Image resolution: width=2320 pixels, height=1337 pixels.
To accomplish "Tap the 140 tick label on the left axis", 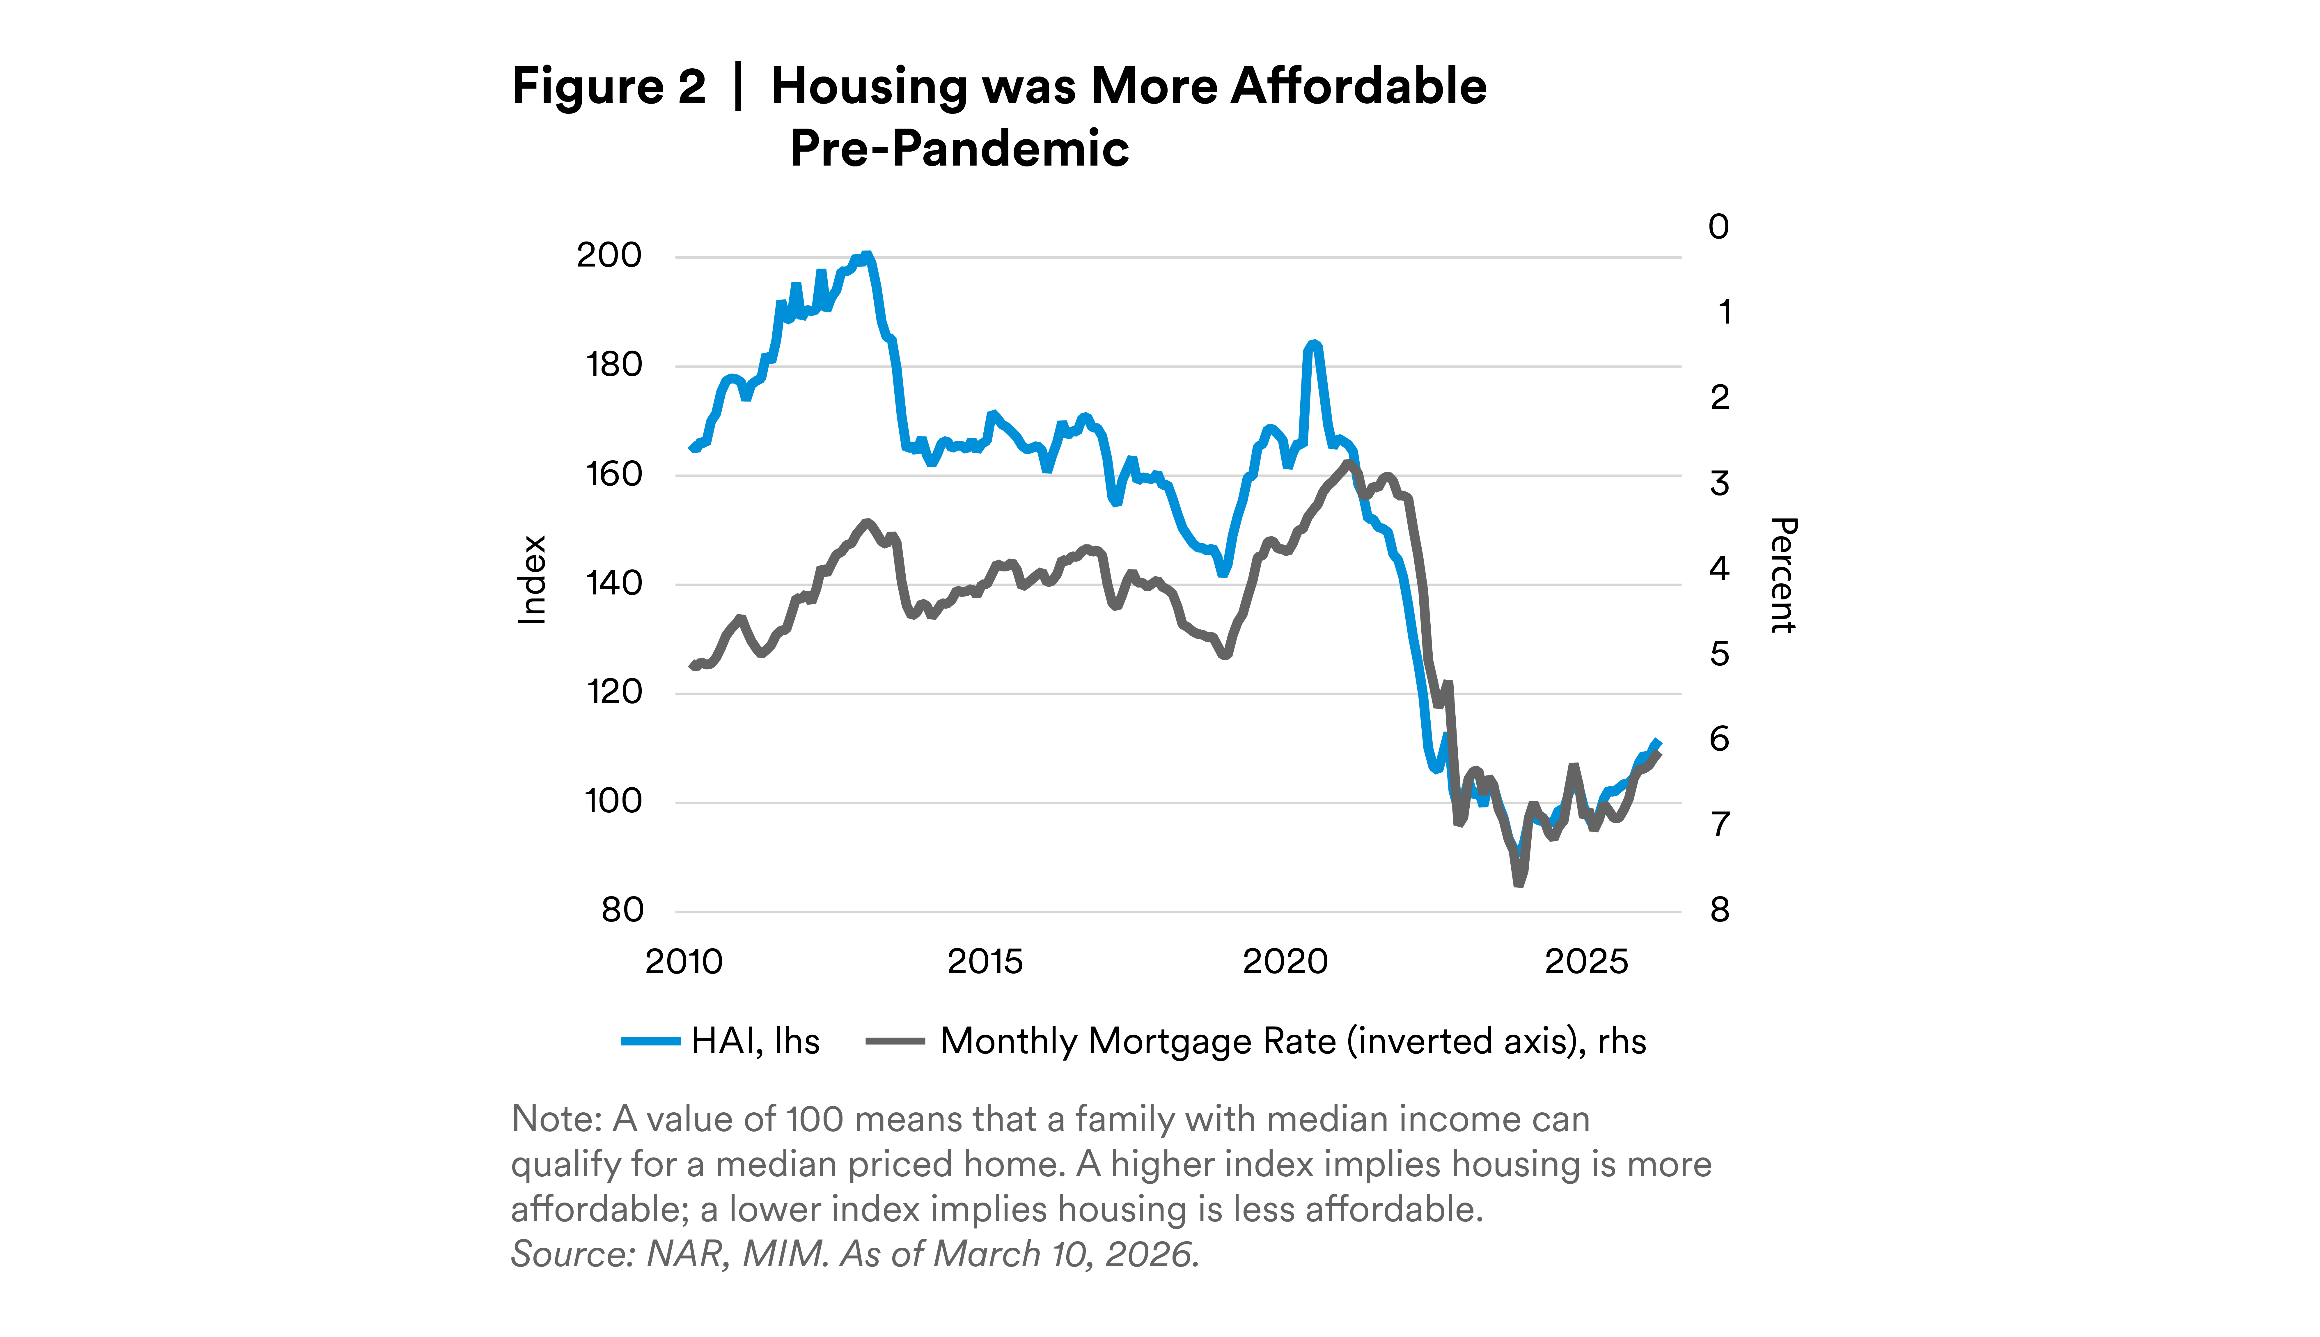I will (613, 583).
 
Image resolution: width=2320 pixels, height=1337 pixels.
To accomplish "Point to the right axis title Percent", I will (1783, 575).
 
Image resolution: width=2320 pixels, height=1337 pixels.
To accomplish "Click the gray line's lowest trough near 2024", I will (1518, 883).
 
